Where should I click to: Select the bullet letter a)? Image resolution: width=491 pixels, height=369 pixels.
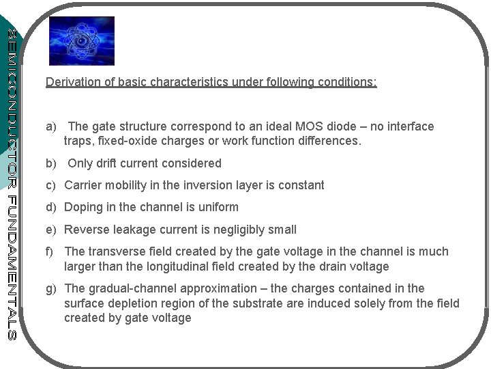click(x=51, y=127)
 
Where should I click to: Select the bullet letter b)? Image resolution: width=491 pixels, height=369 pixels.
click(x=51, y=164)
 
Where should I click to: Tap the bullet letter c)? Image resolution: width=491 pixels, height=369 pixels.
click(x=51, y=186)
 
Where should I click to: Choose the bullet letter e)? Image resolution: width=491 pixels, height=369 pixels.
click(x=51, y=230)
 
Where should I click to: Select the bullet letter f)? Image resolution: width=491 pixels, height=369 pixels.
click(x=50, y=252)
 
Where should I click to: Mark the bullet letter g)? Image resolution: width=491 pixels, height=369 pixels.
click(x=51, y=289)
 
